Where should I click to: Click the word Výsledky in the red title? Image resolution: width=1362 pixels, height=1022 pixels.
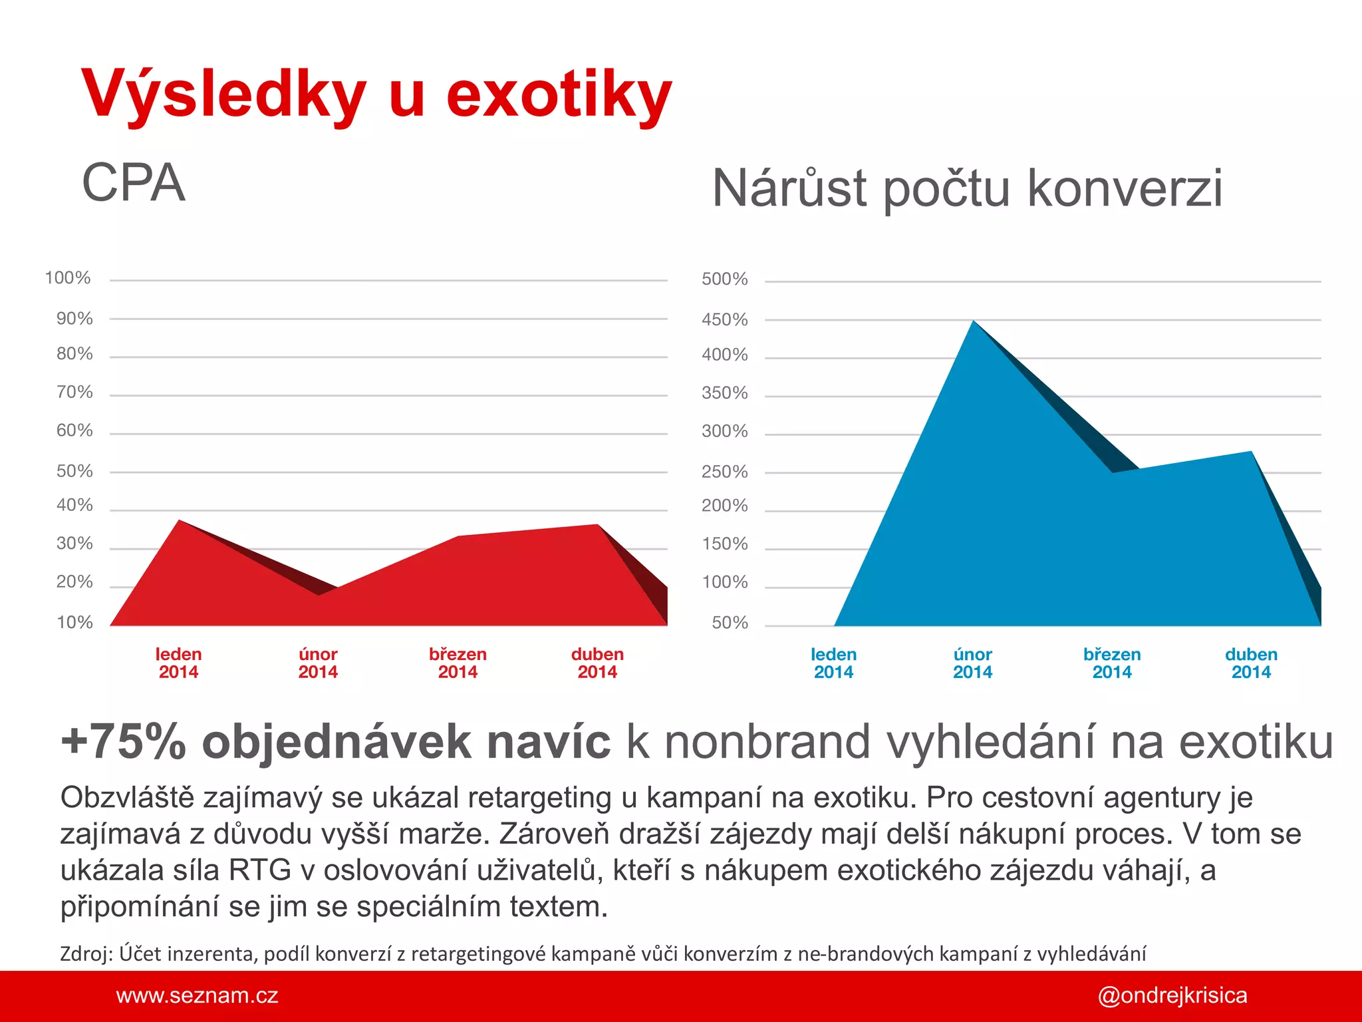[223, 94]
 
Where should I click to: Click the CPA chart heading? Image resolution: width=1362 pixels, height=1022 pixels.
[133, 183]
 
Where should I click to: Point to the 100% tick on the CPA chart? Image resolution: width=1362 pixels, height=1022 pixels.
[68, 278]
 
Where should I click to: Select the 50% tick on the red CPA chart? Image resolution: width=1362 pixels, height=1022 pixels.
[74, 472]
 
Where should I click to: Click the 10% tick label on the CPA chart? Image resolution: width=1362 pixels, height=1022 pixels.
[74, 623]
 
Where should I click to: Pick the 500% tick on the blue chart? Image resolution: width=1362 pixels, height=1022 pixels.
[724, 279]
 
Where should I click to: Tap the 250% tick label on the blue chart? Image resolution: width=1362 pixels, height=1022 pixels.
[724, 472]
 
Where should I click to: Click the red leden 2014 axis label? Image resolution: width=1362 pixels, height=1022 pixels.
[178, 663]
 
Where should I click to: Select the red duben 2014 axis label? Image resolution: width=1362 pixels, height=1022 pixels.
[597, 663]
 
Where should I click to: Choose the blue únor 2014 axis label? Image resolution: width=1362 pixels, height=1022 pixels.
[972, 663]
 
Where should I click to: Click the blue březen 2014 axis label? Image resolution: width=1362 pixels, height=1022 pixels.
[1112, 663]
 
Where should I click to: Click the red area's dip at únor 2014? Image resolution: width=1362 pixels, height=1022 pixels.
[320, 594]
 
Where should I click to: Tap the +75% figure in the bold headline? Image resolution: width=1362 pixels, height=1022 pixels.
[123, 742]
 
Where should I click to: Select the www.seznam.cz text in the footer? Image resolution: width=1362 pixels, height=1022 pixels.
[197, 996]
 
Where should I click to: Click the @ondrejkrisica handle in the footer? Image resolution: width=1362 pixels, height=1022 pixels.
[1172, 996]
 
